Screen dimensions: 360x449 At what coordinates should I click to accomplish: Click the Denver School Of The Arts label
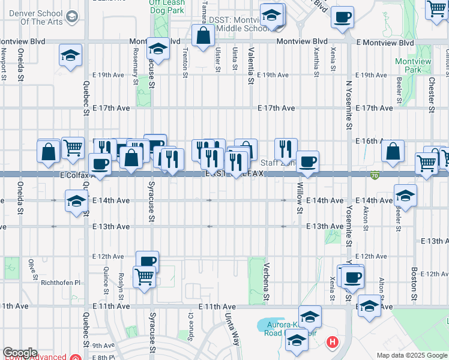point(33,18)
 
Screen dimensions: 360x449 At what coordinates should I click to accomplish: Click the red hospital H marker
point(331,343)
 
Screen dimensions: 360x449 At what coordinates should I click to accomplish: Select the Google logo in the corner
point(20,353)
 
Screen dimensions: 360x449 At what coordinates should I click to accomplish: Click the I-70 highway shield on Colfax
point(375,176)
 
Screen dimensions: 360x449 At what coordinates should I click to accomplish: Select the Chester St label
point(431,96)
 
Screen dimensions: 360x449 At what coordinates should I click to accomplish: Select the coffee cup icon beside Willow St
point(307,161)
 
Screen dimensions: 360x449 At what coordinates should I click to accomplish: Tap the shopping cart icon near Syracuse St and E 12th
point(144,277)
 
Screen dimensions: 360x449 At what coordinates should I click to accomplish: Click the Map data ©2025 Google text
point(412,356)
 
